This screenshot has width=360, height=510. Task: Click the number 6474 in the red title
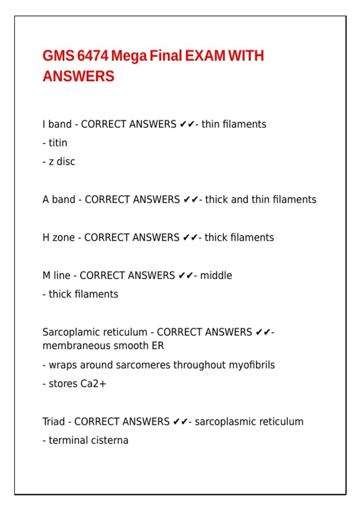(92, 56)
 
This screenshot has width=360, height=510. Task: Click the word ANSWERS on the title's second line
(79, 76)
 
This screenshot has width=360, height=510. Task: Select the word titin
(58, 143)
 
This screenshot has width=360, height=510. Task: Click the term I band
(57, 124)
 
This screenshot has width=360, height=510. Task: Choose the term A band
(59, 199)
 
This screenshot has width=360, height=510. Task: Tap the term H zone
(58, 237)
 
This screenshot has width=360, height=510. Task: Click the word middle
(216, 275)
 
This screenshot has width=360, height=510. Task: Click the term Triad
(54, 421)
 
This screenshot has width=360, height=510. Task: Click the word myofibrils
(252, 365)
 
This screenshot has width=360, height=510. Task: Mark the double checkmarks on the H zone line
(190, 238)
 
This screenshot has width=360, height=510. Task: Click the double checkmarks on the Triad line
(181, 421)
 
